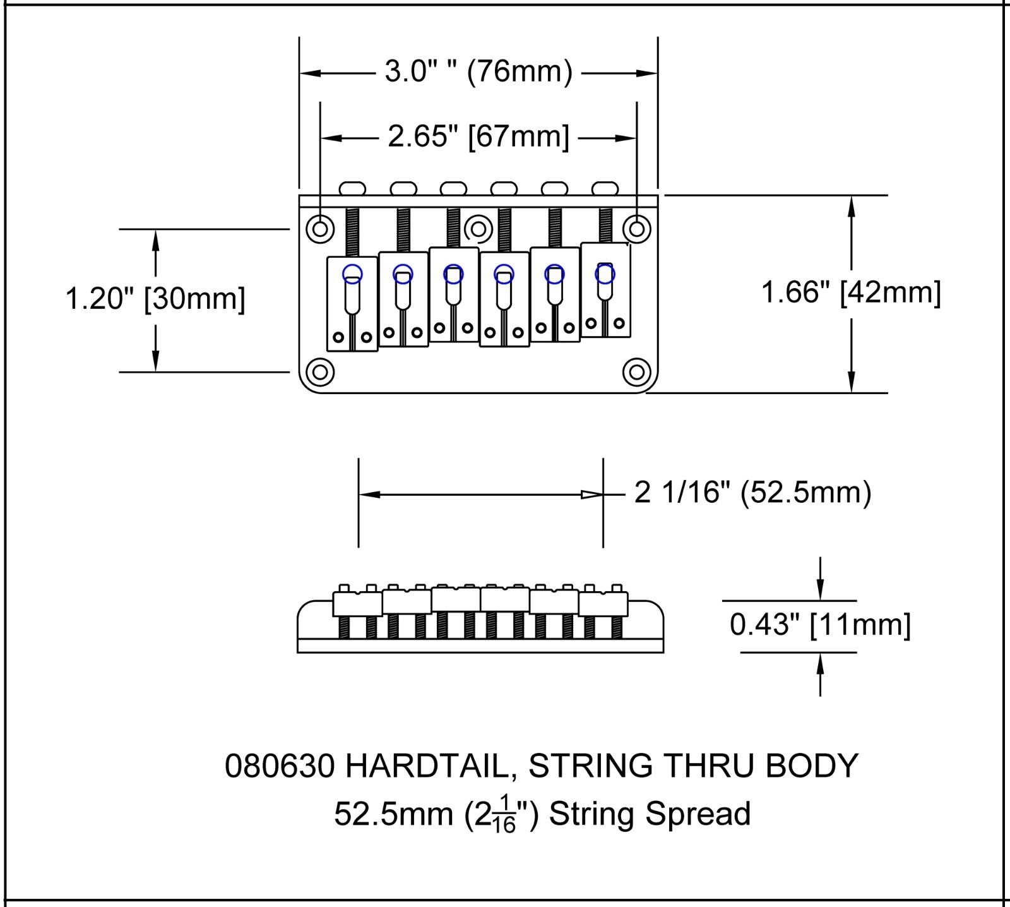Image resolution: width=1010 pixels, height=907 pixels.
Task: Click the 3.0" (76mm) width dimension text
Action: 478,72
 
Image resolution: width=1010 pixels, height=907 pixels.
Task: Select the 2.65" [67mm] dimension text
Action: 478,136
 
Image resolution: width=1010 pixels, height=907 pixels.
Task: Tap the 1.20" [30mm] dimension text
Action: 155,299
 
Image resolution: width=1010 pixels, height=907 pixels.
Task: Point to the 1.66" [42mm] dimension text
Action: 851,293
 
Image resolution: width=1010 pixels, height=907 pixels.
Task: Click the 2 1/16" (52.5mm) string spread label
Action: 752,493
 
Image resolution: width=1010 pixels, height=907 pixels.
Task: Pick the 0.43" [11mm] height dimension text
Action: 820,625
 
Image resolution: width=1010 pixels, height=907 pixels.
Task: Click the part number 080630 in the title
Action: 280,766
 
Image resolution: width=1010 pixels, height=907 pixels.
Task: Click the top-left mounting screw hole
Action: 320,228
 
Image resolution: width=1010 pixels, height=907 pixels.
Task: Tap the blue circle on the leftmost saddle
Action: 352,273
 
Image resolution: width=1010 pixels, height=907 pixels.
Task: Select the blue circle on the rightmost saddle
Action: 605,273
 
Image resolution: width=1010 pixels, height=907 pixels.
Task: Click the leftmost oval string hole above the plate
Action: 352,188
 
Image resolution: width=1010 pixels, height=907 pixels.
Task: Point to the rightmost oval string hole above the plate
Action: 605,188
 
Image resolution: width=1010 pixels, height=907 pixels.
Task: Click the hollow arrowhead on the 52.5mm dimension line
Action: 591,495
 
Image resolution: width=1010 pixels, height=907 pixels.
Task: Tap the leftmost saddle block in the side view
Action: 357,603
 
